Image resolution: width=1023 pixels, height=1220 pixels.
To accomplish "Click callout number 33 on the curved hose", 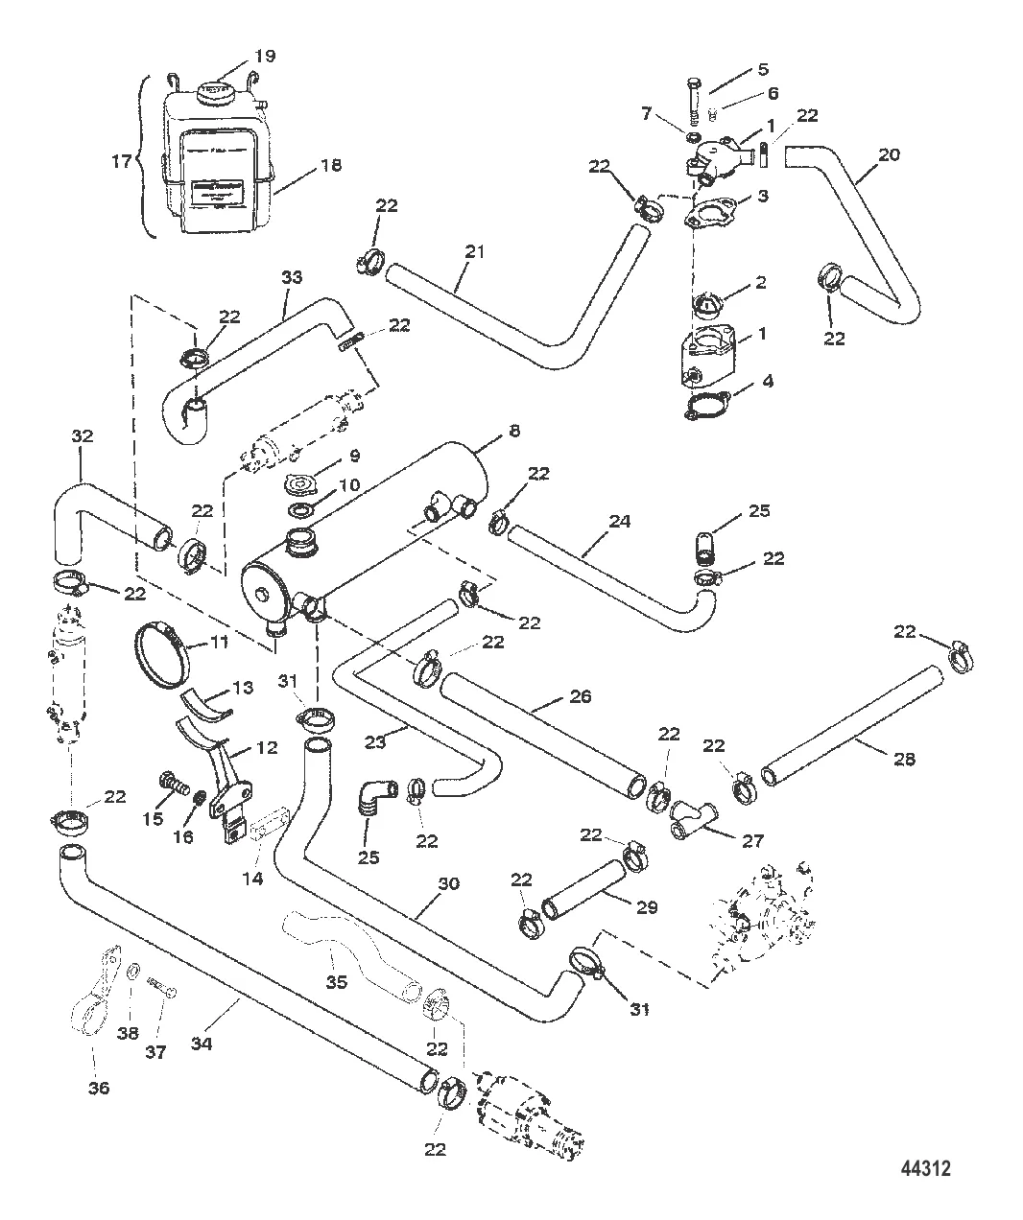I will coord(291,278).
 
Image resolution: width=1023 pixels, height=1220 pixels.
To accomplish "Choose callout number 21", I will coord(473,253).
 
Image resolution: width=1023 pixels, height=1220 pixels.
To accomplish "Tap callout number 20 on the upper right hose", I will coord(890,153).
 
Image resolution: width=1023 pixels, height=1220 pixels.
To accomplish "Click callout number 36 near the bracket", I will coord(99,1088).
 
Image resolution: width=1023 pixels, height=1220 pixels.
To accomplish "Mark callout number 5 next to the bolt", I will coord(763,69).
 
